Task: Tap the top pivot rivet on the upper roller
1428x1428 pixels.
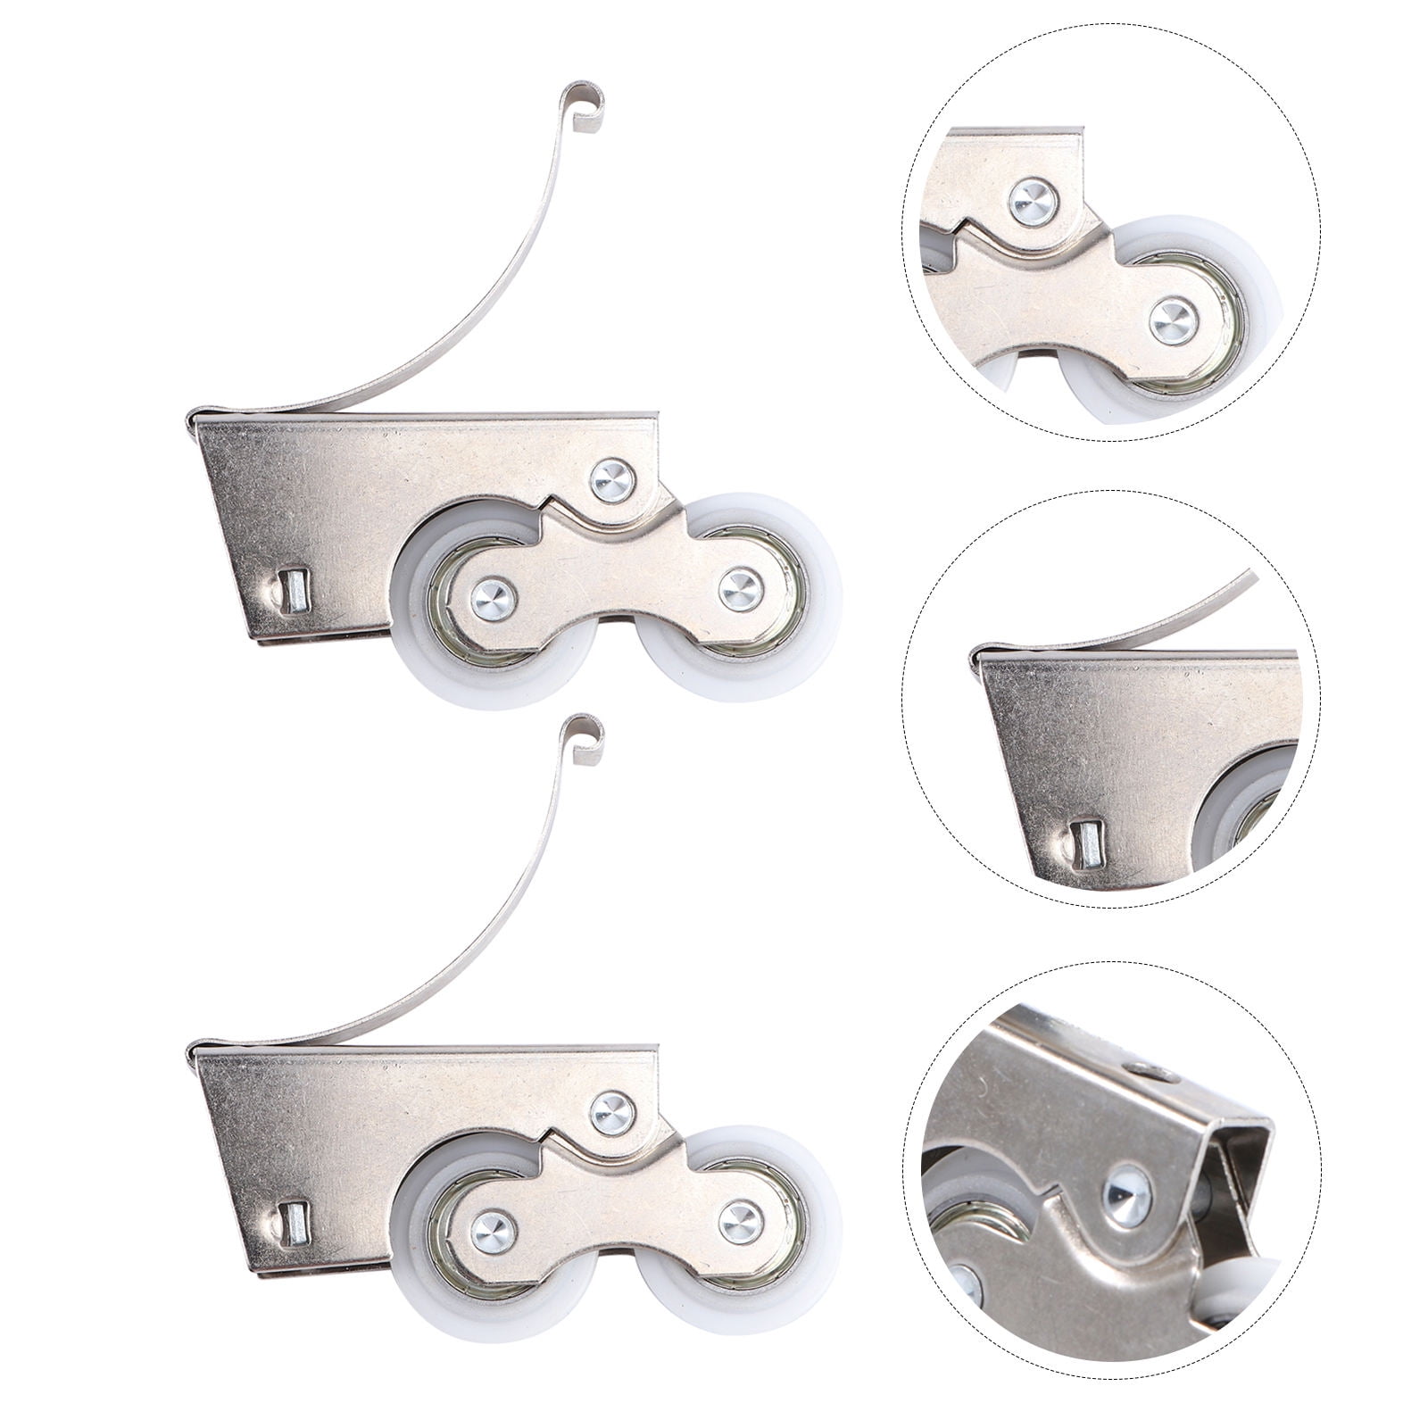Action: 614,479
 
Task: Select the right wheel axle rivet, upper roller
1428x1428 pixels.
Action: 741,588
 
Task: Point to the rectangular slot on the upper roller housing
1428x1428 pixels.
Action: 292,591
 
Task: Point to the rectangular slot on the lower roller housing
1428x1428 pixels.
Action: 292,1222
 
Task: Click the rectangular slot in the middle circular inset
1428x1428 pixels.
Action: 1086,843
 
